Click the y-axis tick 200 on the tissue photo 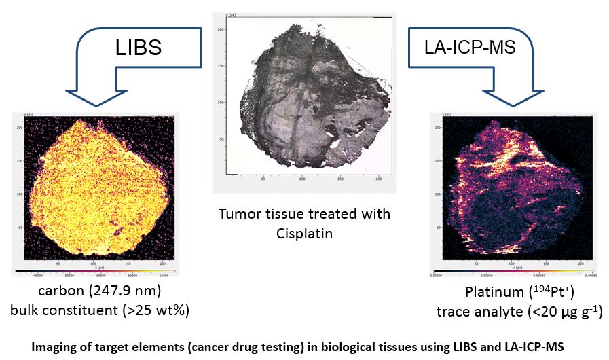pos(220,30)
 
